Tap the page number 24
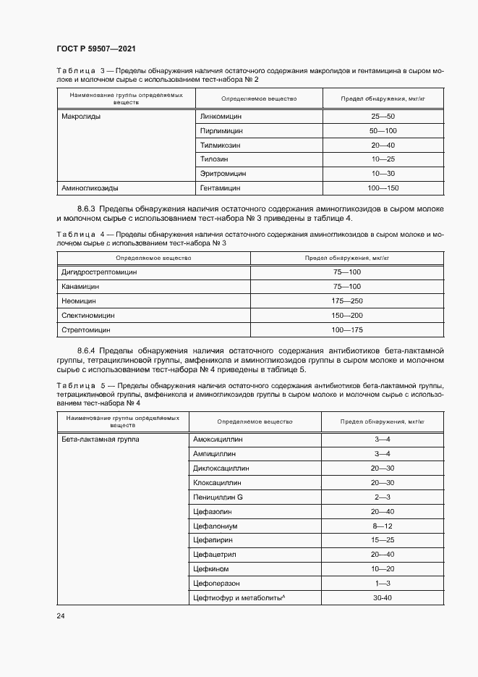pyautogui.click(x=60, y=615)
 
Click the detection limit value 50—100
pyautogui.click(x=383, y=131)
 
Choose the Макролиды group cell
pyautogui.click(x=81, y=117)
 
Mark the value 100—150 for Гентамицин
pyautogui.click(x=383, y=188)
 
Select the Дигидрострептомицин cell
pyautogui.click(x=100, y=272)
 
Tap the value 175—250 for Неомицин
pyautogui.click(x=347, y=300)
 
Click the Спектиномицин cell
pyautogui.click(x=88, y=315)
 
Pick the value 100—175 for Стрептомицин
pyautogui.click(x=347, y=329)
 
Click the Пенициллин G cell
pyautogui.click(x=218, y=497)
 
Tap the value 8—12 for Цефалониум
pyautogui.click(x=382, y=526)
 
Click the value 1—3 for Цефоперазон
pyautogui.click(x=382, y=583)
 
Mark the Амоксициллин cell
pyautogui.click(x=218, y=440)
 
